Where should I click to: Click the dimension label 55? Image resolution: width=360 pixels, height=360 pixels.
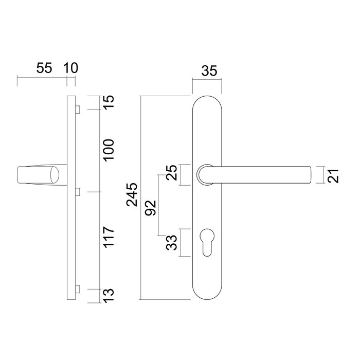pyautogui.click(x=44, y=68)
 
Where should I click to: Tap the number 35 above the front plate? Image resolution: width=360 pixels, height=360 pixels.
pyautogui.click(x=208, y=71)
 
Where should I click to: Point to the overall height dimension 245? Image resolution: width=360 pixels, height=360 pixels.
pyautogui.click(x=132, y=194)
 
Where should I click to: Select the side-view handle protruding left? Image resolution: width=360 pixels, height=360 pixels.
pyautogui.click(x=39, y=175)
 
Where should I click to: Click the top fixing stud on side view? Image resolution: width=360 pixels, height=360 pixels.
pyautogui.click(x=77, y=109)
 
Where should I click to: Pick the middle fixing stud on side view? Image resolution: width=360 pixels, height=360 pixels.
pyautogui.click(x=77, y=192)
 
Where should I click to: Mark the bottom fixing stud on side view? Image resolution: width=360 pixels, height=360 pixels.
pyautogui.click(x=77, y=289)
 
